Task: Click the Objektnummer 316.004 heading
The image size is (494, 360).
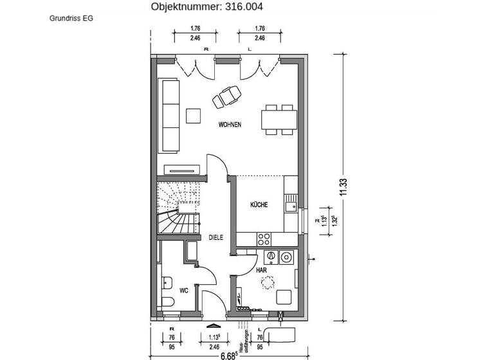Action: click(206, 7)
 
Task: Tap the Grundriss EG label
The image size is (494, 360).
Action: click(71, 19)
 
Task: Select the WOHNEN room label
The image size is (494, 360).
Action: click(230, 125)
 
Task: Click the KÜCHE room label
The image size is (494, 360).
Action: click(259, 205)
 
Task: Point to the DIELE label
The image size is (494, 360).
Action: click(215, 237)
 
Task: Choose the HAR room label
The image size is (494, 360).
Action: click(261, 271)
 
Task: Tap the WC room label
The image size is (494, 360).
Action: click(183, 291)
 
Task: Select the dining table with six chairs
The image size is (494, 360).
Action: click(280, 120)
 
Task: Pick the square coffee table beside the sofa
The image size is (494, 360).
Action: click(193, 116)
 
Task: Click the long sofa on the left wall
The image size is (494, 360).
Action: click(170, 116)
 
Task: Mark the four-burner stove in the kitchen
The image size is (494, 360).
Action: click(264, 239)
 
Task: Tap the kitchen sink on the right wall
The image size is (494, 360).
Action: click(291, 206)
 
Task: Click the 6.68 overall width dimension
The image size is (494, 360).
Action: click(228, 354)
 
